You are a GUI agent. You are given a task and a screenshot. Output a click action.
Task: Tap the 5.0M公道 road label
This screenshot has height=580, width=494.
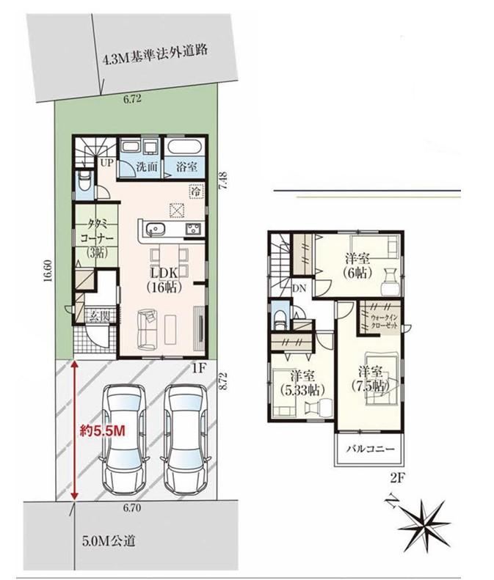[109, 541]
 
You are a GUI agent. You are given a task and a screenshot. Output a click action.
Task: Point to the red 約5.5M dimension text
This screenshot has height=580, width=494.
[103, 430]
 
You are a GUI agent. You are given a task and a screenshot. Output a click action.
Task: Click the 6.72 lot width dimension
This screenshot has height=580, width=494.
[132, 99]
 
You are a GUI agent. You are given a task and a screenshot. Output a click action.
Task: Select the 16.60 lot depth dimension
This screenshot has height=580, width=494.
[47, 276]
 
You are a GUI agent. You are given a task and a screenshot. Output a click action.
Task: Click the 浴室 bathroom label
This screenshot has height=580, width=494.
[186, 166]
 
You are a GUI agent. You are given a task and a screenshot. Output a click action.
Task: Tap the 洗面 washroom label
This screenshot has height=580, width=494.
[147, 166]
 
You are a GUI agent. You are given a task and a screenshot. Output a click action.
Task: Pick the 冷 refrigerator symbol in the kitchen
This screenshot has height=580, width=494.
[197, 191]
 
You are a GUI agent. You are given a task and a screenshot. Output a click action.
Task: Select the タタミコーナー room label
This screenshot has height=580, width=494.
[98, 238]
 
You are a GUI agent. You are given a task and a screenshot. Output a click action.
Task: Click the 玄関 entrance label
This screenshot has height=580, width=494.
[99, 316]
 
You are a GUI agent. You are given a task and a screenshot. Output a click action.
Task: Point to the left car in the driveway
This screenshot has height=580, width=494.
[124, 438]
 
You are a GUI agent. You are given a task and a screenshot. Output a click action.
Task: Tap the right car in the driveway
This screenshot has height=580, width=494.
[184, 438]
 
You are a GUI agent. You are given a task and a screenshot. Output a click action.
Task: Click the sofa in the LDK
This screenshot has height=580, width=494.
[147, 330]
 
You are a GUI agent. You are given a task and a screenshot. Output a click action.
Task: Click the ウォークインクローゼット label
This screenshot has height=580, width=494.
[384, 322]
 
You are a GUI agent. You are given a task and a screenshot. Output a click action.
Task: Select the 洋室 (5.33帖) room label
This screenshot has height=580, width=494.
[302, 383]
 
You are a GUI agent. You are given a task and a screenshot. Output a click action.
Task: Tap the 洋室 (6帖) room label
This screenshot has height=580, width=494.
[357, 265]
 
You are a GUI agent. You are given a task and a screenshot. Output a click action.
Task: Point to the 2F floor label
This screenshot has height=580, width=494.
[397, 479]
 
